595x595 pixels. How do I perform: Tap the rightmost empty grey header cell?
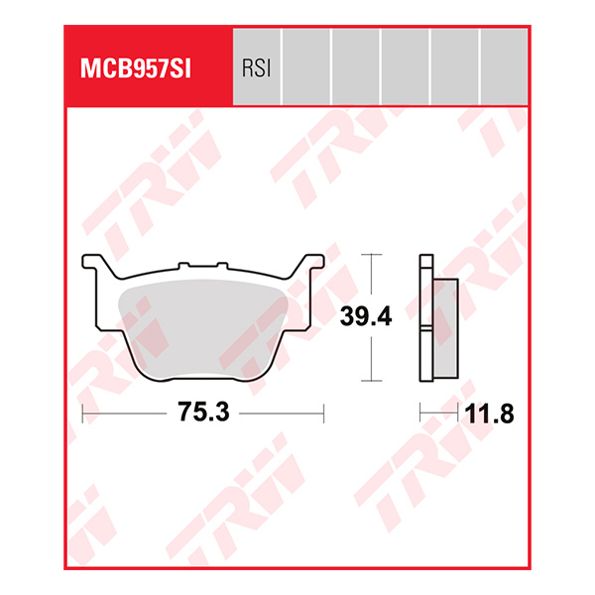coord(504,67)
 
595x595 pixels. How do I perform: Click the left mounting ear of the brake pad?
coord(93,266)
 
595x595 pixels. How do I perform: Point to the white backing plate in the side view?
coord(426,317)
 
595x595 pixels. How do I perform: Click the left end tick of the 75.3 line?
coord(82,411)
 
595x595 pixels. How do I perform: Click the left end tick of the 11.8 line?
coord(420,411)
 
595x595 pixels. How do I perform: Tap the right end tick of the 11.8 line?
coord(458,411)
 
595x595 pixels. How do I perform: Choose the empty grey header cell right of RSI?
coord(306,67)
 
